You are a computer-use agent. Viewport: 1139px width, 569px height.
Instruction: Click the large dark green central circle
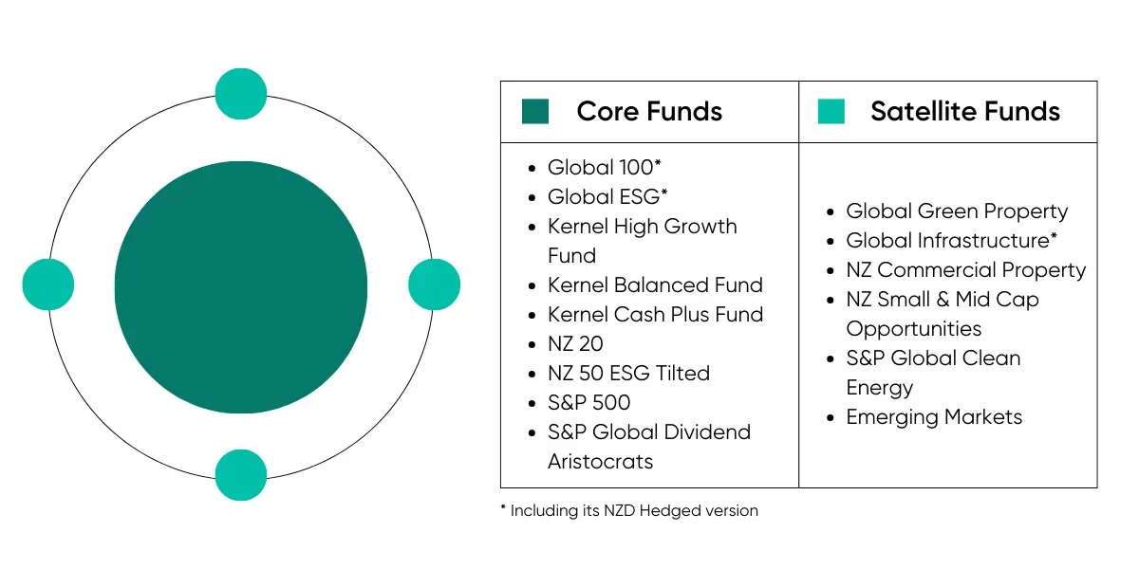240,287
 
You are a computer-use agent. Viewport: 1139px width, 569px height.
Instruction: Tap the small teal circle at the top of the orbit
241,94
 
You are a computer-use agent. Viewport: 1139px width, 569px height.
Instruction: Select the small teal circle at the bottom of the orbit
241,474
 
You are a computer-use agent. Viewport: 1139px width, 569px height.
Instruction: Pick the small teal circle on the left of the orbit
48,284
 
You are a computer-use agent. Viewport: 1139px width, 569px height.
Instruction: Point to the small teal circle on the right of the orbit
434,284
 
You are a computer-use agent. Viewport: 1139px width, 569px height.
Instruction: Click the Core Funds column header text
649,112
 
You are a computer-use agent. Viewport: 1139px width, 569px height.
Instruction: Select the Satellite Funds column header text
964,112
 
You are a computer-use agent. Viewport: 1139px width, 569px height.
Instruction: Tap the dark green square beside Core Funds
535,112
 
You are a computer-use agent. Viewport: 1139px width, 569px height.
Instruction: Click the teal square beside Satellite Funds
831,112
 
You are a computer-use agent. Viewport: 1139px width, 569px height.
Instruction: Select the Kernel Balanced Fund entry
655,285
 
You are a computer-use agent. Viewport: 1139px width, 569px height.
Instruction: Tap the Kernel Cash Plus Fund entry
655,315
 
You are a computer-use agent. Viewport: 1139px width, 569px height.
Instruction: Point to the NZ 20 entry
575,344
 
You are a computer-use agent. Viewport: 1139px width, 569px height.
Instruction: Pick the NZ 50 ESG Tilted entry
628,374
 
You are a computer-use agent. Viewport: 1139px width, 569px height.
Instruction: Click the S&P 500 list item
588,403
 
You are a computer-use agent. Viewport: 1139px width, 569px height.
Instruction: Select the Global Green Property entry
957,211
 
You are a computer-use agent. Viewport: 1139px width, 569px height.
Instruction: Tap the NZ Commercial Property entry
965,270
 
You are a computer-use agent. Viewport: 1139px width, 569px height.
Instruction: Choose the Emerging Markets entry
934,417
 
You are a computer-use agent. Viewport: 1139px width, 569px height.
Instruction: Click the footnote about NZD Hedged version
629,510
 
